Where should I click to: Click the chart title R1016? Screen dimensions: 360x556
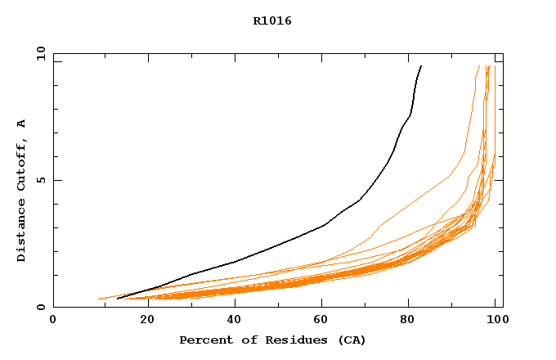tap(272, 20)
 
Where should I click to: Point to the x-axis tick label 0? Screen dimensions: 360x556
tap(53, 319)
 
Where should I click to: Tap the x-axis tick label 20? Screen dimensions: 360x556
tap(142, 319)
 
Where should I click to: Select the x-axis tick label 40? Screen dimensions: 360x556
tap(231, 319)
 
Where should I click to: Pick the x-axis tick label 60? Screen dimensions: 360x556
tap(320, 319)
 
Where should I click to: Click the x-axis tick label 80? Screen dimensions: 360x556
tap(408, 319)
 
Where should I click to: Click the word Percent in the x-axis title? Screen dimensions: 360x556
tap(203, 340)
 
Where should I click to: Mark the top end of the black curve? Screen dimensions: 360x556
tap(421, 66)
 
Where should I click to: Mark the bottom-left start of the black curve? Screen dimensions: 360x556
tap(118, 299)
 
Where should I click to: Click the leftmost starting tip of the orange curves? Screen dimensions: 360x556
tap(98, 299)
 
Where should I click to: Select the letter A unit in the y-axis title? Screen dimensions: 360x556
tap(22, 124)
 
